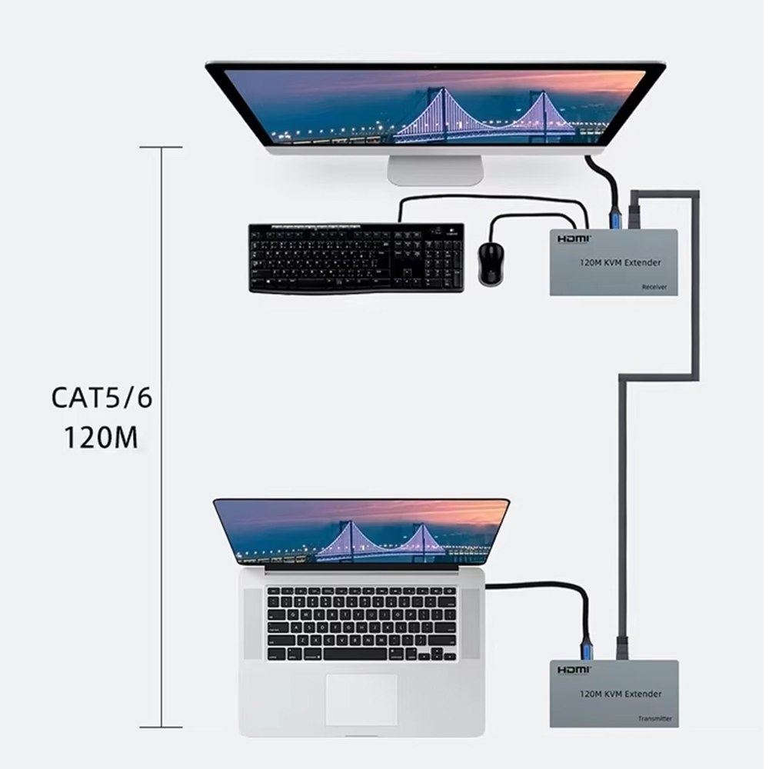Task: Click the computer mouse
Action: click(490, 264)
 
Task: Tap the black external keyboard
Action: click(356, 258)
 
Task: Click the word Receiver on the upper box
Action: click(654, 287)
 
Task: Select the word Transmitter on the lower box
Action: click(655, 718)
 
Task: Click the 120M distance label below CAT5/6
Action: click(101, 438)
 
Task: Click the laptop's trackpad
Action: click(361, 698)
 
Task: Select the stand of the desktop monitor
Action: click(435, 169)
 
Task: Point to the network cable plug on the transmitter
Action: click(622, 647)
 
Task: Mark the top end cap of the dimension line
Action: click(161, 147)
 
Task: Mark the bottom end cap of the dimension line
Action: click(161, 727)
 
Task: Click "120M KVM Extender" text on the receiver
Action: click(620, 263)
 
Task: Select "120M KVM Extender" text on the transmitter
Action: click(620, 694)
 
